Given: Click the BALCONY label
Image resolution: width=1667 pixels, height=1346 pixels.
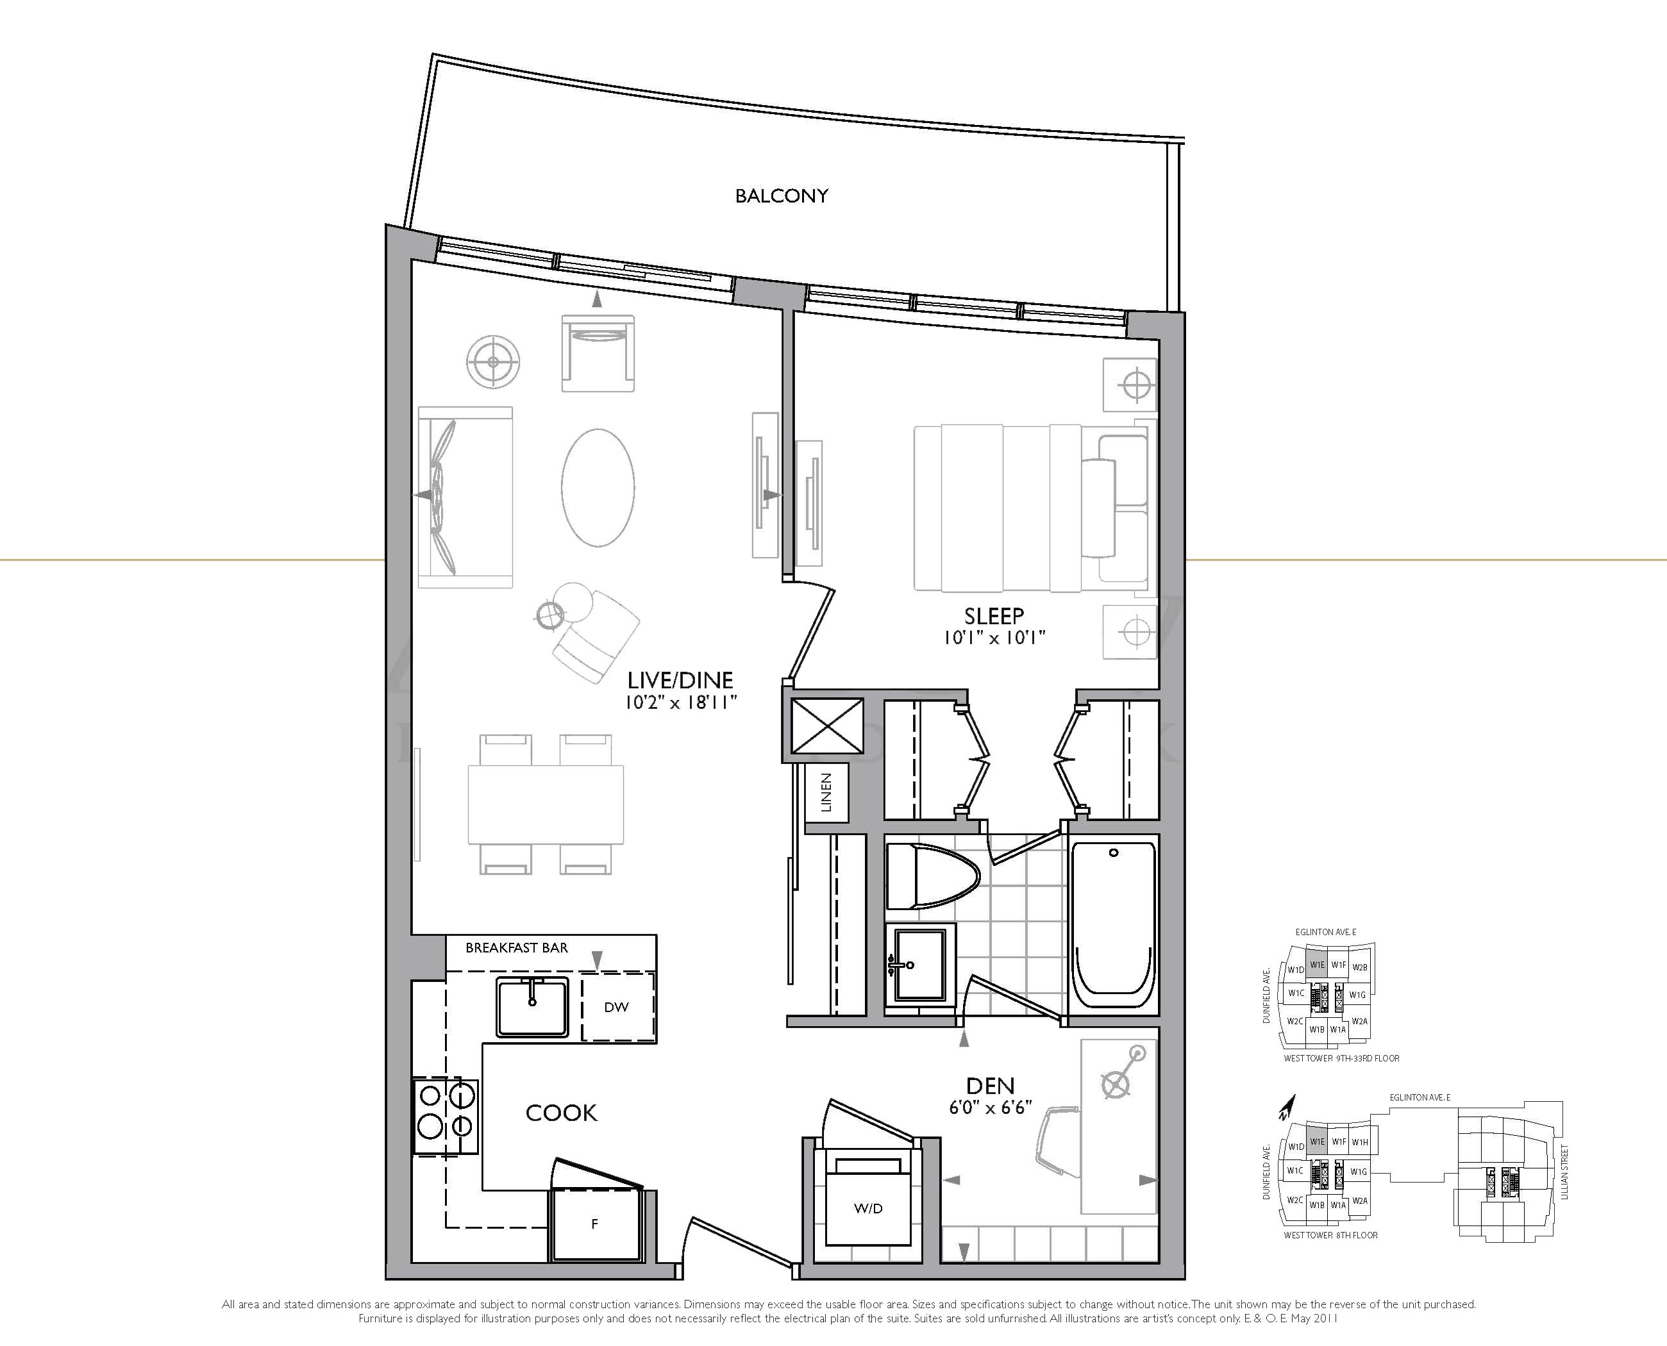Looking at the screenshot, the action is [x=781, y=196].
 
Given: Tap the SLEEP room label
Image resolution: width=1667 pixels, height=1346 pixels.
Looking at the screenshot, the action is [x=994, y=617].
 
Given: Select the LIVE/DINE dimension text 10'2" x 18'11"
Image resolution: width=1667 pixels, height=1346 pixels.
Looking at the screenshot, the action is [x=680, y=702].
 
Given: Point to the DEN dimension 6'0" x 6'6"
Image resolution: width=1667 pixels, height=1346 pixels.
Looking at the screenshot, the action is [x=991, y=1108].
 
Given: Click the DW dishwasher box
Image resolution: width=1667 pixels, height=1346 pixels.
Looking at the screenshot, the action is [x=618, y=1006].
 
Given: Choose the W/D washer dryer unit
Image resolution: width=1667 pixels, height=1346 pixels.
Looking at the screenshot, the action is [x=868, y=1208].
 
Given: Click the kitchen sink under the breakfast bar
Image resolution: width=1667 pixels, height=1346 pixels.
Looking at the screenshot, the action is [x=532, y=1006].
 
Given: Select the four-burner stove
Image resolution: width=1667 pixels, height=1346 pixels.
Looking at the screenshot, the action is [x=444, y=1116].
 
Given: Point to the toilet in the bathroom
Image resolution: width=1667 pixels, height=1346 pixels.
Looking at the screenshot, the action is [x=933, y=876].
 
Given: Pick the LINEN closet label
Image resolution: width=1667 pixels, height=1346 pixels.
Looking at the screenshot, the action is [x=826, y=792].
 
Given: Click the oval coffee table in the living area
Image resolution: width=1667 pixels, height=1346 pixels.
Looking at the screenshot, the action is [x=598, y=487].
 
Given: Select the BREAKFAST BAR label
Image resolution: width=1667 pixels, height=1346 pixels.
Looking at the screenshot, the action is [x=517, y=947].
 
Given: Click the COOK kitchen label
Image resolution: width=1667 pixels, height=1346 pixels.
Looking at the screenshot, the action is [x=562, y=1113].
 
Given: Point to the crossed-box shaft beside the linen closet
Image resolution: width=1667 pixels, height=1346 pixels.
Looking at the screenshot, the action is [x=827, y=725].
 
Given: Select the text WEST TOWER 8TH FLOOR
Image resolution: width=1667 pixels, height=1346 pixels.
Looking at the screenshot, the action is [x=1330, y=1235].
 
